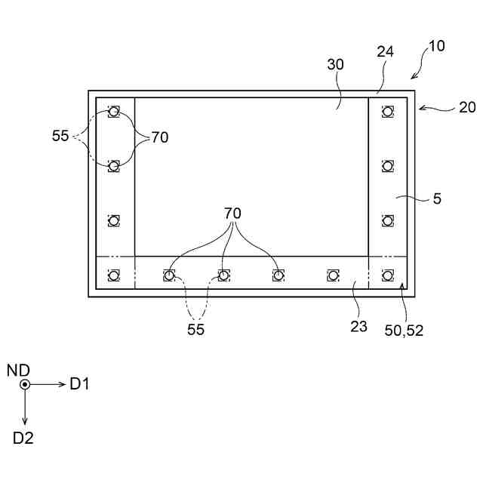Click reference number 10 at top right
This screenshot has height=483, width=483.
point(436,46)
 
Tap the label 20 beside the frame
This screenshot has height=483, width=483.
point(467,107)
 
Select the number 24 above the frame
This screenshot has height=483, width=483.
point(385,51)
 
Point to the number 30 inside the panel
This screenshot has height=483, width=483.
point(335,65)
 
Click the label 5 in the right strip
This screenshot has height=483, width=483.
point(437,199)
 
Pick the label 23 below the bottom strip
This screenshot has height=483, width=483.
point(358,326)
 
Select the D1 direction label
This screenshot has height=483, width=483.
point(80,384)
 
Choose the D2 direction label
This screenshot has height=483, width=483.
point(23,437)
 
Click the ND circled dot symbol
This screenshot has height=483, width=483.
point(25,384)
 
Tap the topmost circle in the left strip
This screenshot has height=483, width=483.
point(113,112)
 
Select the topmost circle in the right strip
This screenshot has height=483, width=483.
point(387,112)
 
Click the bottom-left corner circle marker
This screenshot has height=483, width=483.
point(113,275)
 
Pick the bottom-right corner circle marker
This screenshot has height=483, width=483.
point(387,275)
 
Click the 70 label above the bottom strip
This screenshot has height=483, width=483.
point(232,214)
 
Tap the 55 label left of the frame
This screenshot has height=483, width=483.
point(60,137)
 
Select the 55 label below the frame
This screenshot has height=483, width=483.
point(196,329)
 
